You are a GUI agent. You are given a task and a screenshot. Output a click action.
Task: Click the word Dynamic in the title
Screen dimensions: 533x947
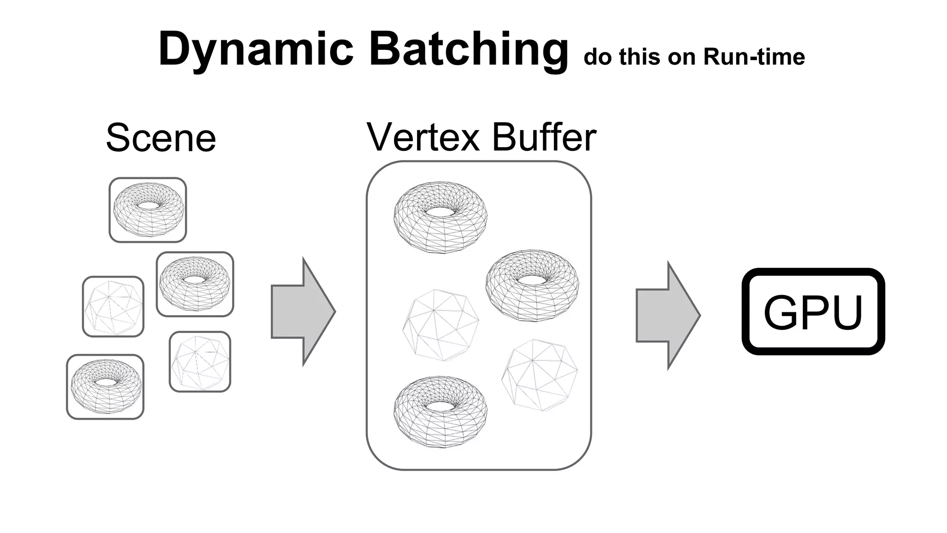point(256,49)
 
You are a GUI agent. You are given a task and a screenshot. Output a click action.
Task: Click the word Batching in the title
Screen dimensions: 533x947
point(468,49)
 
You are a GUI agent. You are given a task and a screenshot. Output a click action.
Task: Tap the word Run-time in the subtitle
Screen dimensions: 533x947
point(754,57)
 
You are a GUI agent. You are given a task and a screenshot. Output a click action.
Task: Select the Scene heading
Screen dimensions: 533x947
point(161,137)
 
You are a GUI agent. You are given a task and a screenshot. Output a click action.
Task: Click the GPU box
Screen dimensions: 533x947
point(813,311)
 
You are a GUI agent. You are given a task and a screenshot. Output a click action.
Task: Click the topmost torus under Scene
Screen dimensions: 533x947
point(148,210)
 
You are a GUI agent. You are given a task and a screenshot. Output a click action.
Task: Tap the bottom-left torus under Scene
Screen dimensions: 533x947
point(105,387)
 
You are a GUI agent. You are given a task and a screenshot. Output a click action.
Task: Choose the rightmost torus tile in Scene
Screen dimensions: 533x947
point(195,284)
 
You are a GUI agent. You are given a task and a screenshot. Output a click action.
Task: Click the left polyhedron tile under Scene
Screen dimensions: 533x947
point(113,306)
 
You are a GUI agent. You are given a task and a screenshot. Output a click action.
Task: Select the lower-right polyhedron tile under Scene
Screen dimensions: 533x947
point(200,361)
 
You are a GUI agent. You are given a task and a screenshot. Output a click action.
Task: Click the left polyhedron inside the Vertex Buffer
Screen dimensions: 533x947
point(441,325)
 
